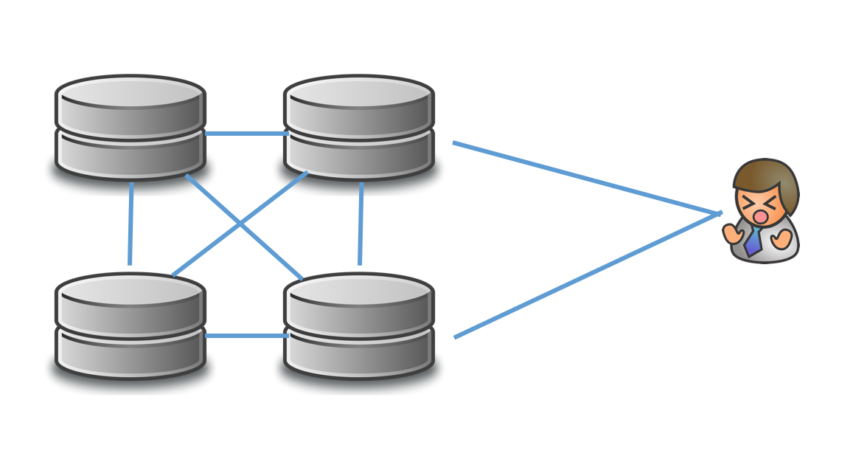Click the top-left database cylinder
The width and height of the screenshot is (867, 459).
click(130, 127)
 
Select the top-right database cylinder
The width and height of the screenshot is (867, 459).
click(359, 127)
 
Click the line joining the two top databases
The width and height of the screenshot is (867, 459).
click(245, 134)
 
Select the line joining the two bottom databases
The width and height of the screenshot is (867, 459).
click(245, 336)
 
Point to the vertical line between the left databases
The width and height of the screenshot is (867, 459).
click(130, 224)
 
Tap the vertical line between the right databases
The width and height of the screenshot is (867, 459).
click(361, 224)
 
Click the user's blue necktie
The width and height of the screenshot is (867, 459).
click(753, 241)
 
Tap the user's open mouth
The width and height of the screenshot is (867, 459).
click(759, 216)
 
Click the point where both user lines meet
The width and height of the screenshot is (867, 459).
click(720, 214)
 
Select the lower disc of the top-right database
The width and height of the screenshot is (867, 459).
click(359, 155)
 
